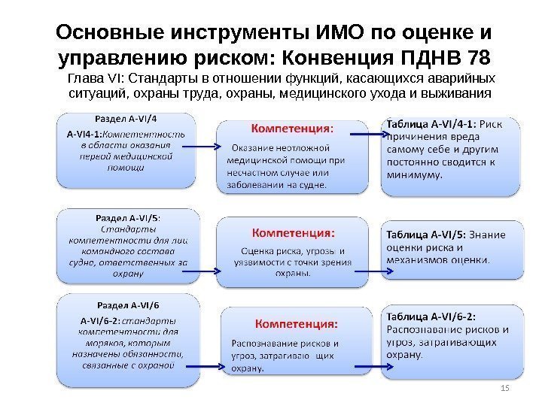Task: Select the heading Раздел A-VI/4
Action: pos(127,118)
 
